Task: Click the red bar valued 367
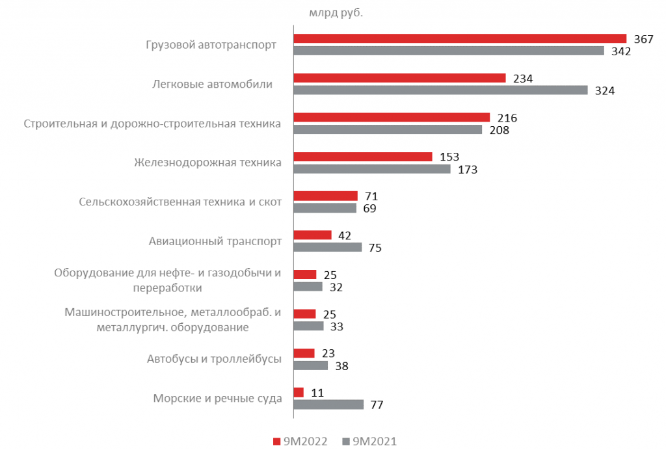460,38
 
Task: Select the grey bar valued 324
440,90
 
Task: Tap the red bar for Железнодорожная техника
363,157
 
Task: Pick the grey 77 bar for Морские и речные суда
328,404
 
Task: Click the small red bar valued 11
299,392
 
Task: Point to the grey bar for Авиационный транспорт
328,247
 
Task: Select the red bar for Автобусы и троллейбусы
304,353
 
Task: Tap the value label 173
467,170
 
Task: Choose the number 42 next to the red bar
345,235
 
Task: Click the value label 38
341,366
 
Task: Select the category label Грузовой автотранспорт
211,46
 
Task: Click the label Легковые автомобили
212,85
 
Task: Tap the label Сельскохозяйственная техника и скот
180,202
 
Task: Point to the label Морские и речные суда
217,398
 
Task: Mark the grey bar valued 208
388,130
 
